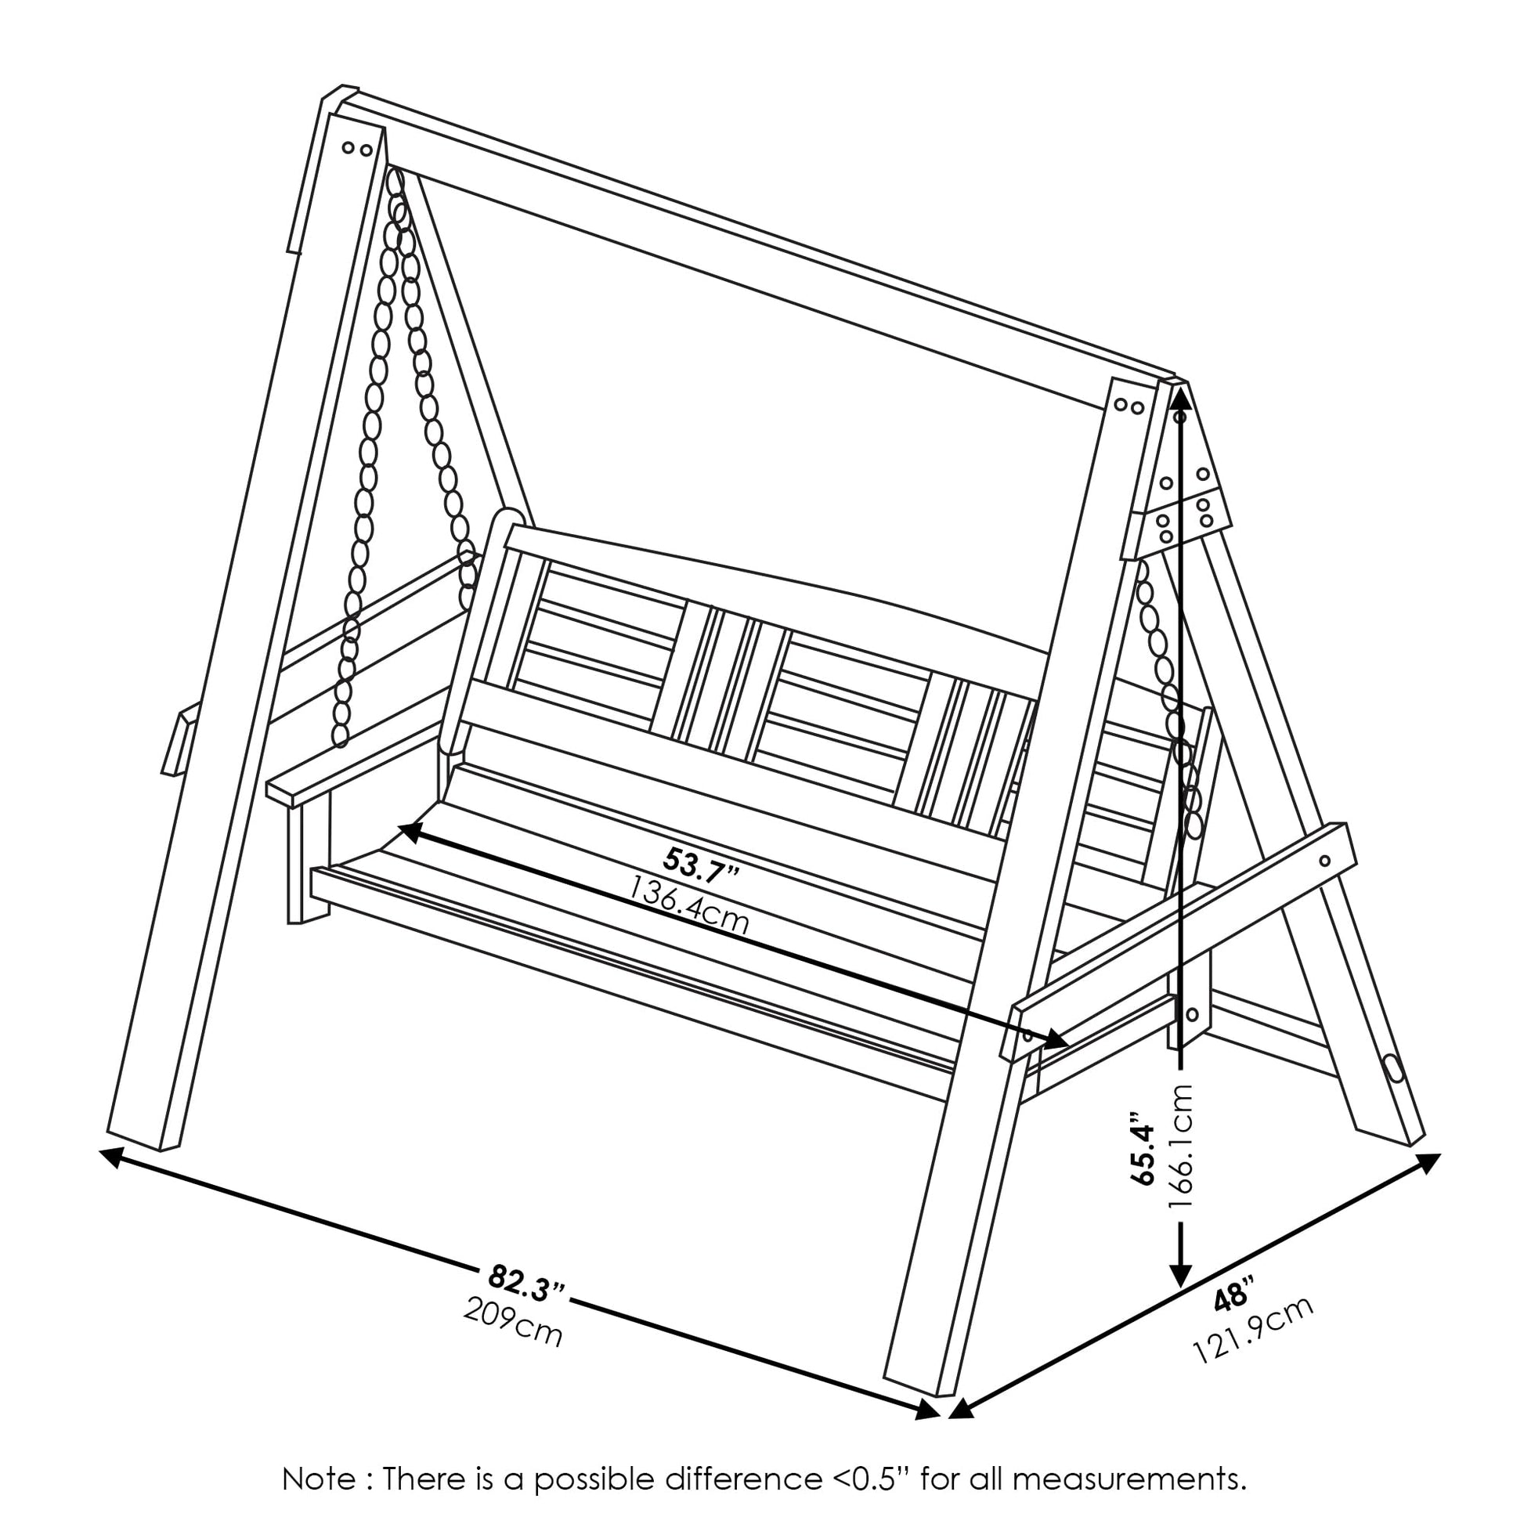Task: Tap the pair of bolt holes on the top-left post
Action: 356,147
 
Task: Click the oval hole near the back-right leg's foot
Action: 1394,1068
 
